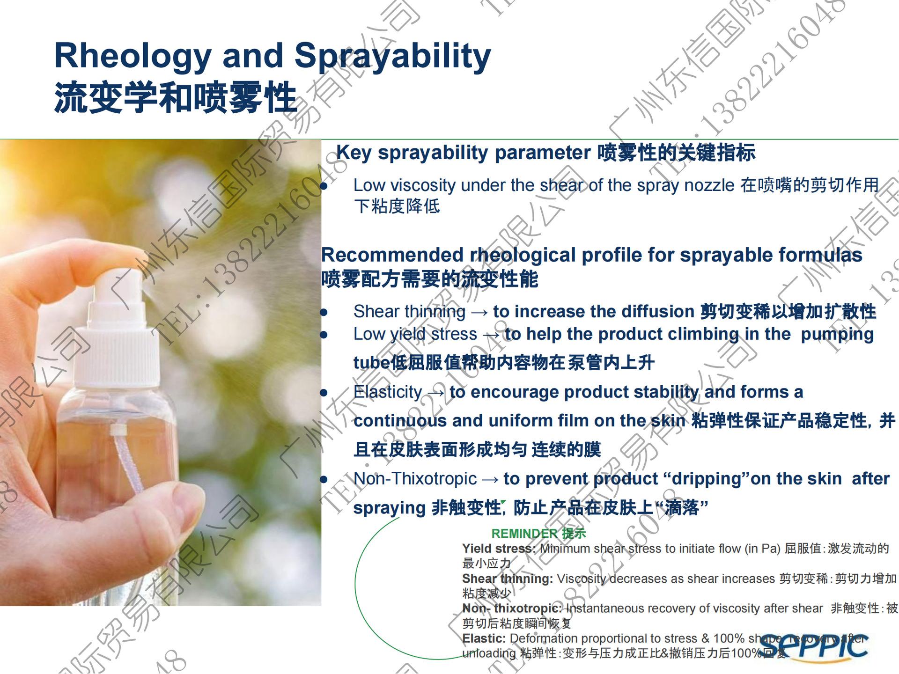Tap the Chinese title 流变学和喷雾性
pyautogui.click(x=176, y=97)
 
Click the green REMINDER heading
pyautogui.click(x=538, y=533)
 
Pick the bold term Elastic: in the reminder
pyautogui.click(x=484, y=638)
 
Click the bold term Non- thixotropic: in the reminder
pyautogui.click(x=512, y=608)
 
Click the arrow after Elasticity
pyautogui.click(x=435, y=393)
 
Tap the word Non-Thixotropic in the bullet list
pyautogui.click(x=415, y=479)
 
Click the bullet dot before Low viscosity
pyautogui.click(x=324, y=186)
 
